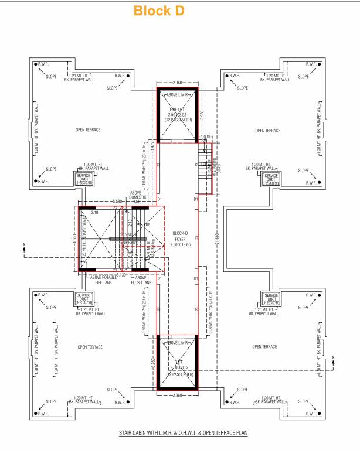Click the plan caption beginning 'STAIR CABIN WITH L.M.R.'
[180, 432]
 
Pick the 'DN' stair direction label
[148, 224]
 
